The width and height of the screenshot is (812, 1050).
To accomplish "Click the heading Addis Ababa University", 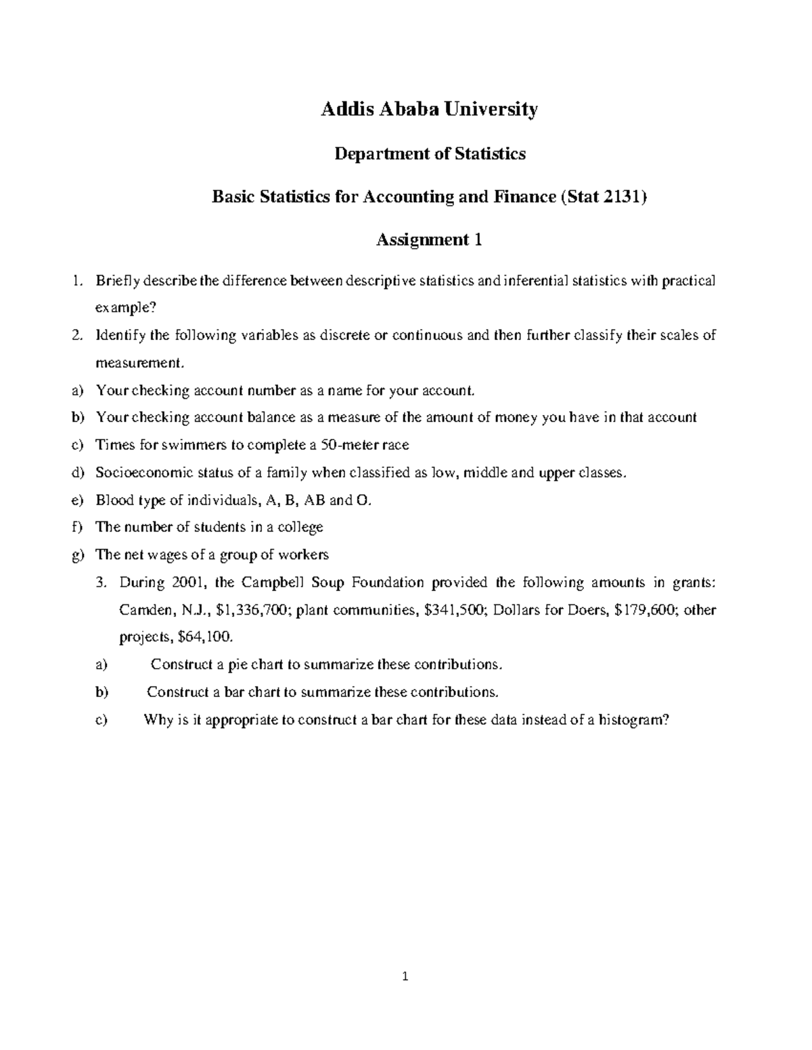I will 429,109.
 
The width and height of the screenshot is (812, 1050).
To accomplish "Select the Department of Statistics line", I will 430,154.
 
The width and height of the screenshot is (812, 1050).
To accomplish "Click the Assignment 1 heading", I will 429,240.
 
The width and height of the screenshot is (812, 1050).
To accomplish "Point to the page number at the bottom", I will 405,976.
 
